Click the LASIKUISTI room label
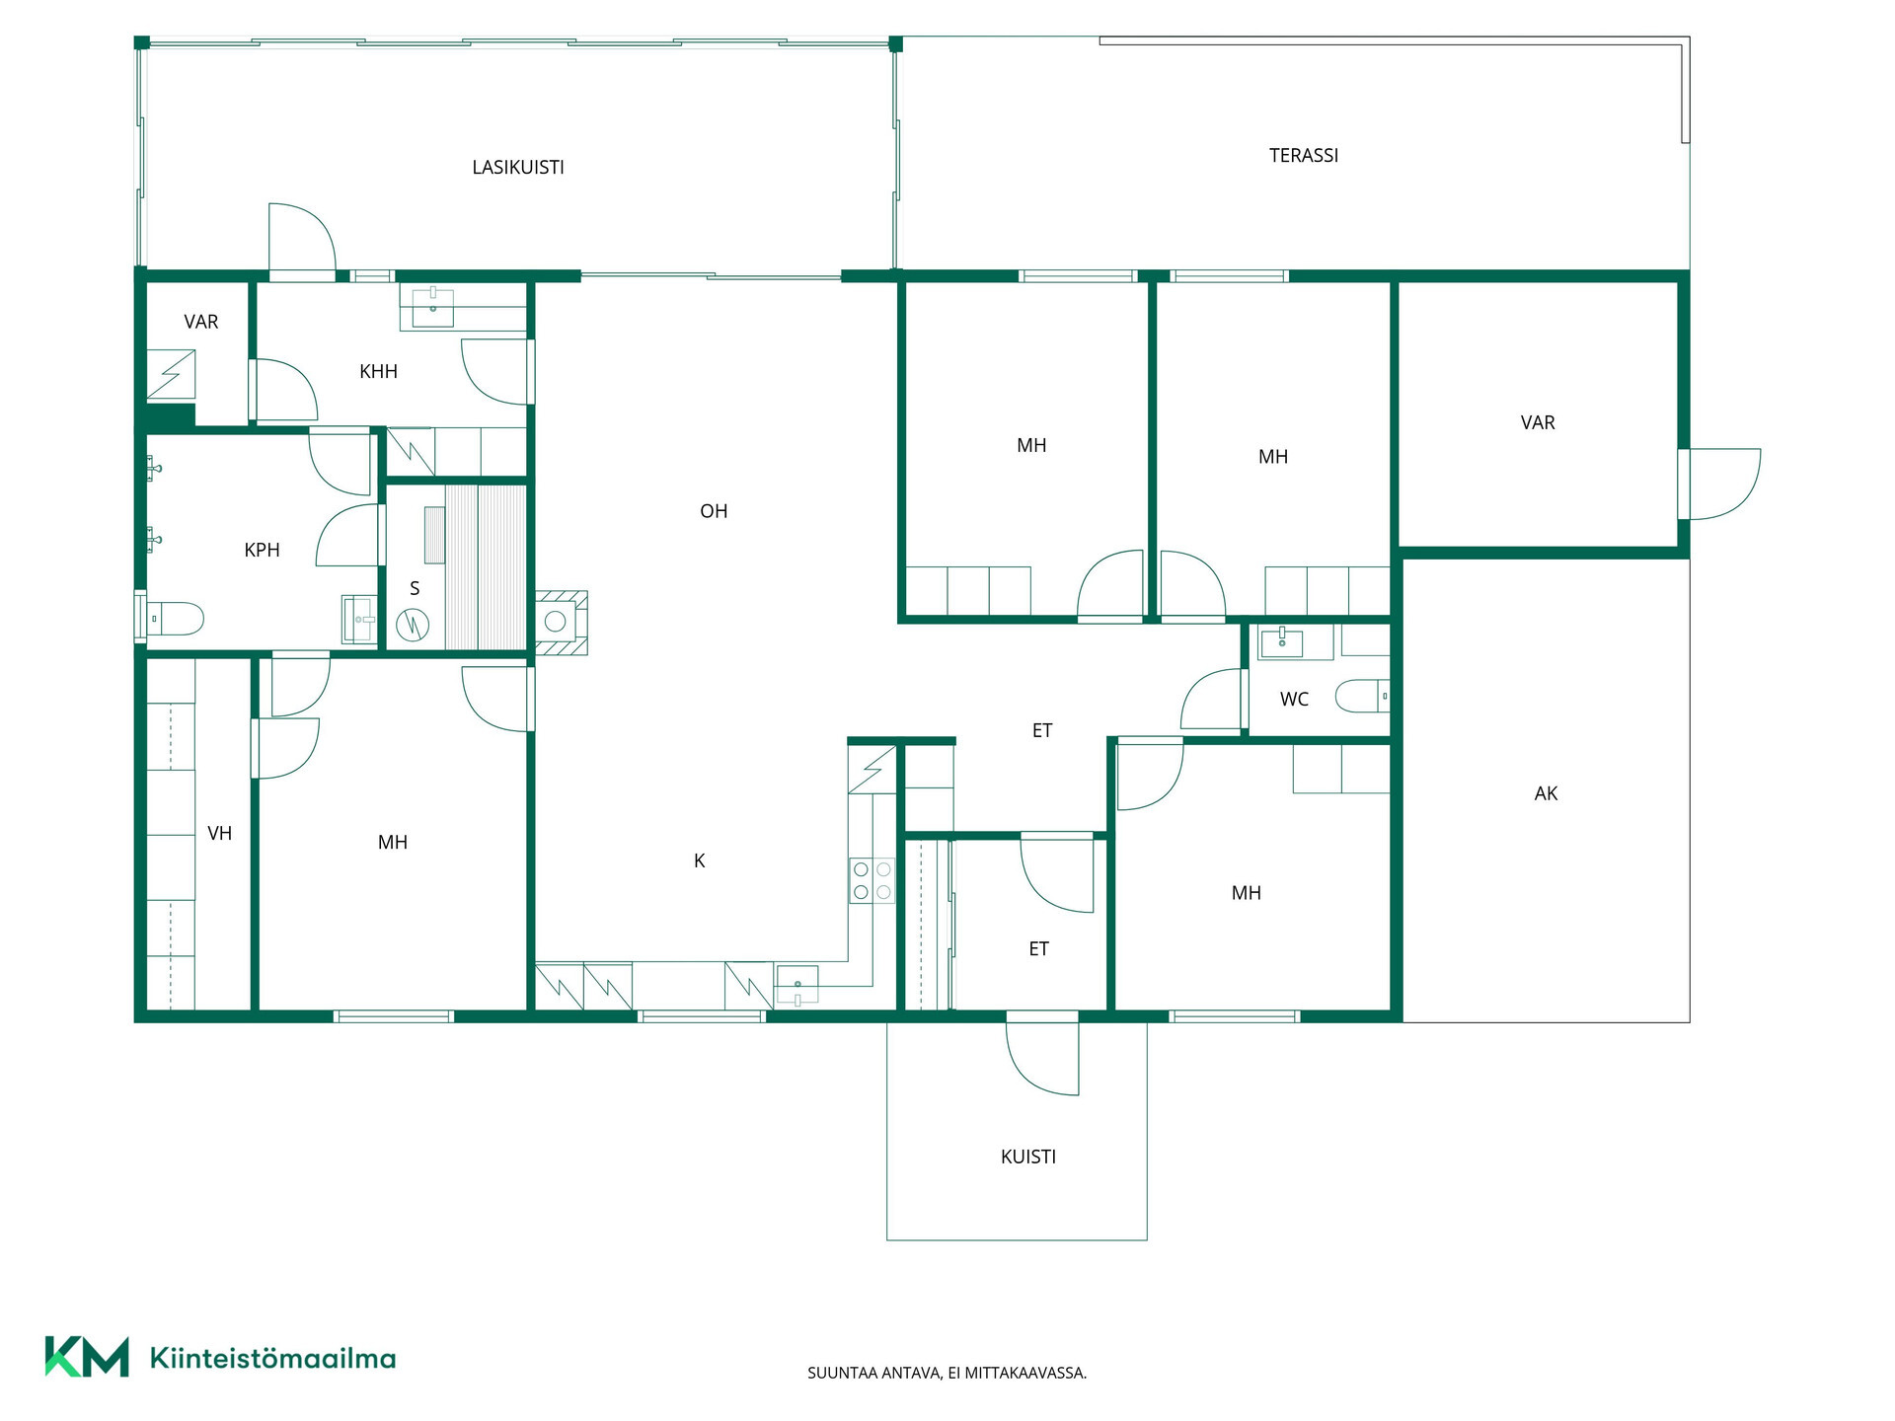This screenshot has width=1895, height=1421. click(x=518, y=168)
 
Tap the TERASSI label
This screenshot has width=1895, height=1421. click(x=1304, y=156)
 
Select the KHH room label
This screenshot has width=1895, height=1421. click(x=378, y=372)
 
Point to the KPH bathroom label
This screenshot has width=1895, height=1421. click(x=262, y=551)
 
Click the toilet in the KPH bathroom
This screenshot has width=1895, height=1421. click(x=174, y=619)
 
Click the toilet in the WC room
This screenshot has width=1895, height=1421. click(x=1363, y=696)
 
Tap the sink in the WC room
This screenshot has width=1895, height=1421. click(x=1281, y=641)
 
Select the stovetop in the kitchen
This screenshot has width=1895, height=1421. click(x=872, y=880)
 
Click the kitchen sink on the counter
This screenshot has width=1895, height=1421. click(x=797, y=986)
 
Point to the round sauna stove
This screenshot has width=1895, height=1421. click(x=413, y=625)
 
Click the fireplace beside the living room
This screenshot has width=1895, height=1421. click(x=561, y=623)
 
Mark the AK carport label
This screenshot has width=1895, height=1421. click(x=1546, y=793)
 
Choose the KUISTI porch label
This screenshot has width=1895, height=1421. click(x=1028, y=1157)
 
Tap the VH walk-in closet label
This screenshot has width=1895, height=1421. click(x=220, y=834)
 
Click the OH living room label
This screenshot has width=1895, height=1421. click(x=714, y=511)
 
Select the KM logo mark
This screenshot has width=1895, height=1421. click(x=87, y=1357)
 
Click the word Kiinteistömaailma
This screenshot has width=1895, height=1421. click(x=272, y=1359)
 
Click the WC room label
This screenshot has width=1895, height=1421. click(x=1294, y=700)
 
